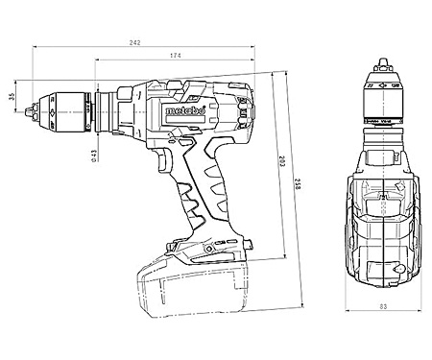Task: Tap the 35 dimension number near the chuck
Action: [12, 98]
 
